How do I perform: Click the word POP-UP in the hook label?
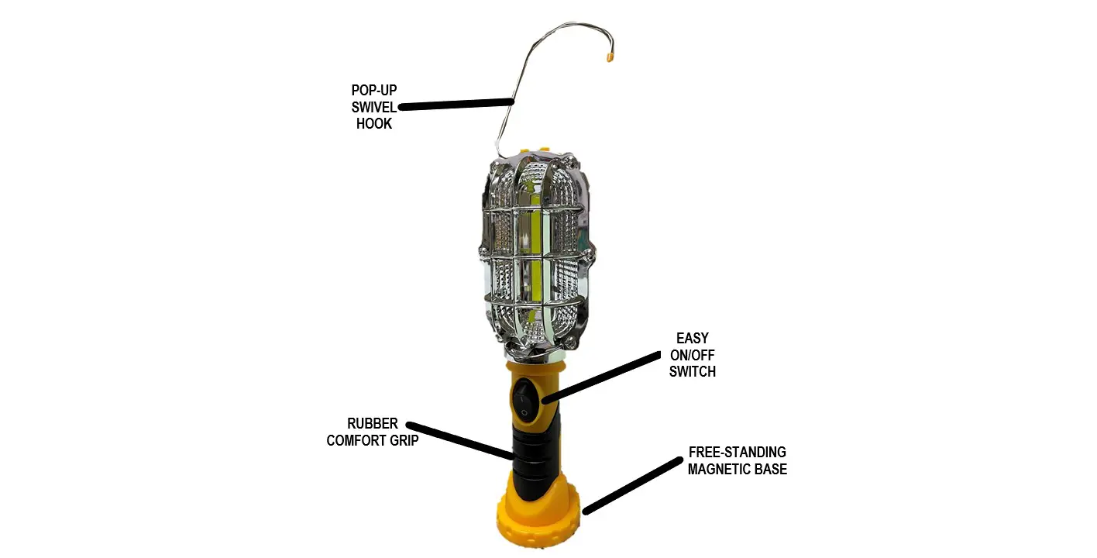pyautogui.click(x=374, y=90)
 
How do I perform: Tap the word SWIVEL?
pyautogui.click(x=374, y=107)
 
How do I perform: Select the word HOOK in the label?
pyautogui.click(x=374, y=123)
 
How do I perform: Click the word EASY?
pyautogui.click(x=692, y=339)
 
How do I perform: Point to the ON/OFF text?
pyautogui.click(x=692, y=355)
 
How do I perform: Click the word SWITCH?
pyautogui.click(x=692, y=371)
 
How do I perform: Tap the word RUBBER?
pyautogui.click(x=373, y=424)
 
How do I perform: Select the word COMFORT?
pyautogui.click(x=356, y=441)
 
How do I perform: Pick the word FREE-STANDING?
pyautogui.click(x=738, y=452)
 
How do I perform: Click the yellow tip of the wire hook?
pyautogui.click(x=610, y=57)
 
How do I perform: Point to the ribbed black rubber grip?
pyautogui.click(x=531, y=457)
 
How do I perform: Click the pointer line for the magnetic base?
pyautogui.click(x=631, y=485)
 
